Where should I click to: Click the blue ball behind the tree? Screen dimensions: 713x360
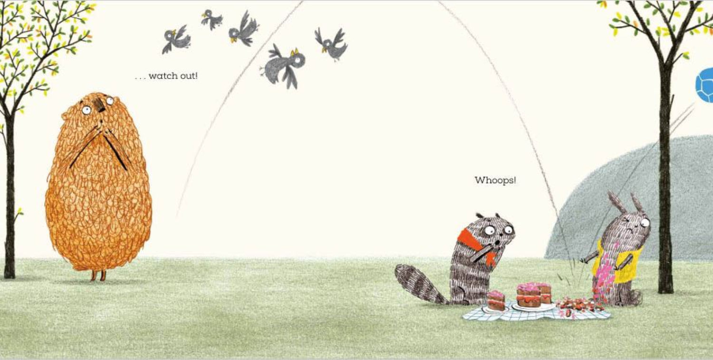705,86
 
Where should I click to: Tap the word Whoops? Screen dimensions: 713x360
495,180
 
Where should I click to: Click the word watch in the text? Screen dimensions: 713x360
163,76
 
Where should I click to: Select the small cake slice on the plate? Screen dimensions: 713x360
496,301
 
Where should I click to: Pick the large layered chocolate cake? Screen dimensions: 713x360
534,295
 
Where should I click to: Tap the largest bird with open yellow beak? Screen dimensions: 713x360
284,65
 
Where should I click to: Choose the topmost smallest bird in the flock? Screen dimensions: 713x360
212,19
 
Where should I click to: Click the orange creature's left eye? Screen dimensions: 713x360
86,110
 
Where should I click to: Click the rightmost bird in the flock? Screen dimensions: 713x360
331,44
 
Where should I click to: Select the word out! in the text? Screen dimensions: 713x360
189,76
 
